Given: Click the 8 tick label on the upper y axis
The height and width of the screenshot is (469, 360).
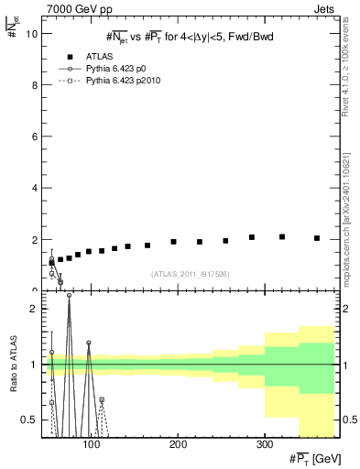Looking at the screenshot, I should (35, 84).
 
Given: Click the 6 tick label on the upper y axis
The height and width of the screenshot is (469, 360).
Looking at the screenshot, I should (35, 136).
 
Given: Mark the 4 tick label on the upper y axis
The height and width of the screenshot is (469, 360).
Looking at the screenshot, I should (35, 188).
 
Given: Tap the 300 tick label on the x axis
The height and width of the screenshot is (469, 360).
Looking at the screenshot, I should (264, 444).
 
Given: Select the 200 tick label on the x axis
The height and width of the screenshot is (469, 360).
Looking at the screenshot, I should (178, 444).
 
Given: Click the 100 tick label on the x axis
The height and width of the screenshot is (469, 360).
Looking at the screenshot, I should (91, 444).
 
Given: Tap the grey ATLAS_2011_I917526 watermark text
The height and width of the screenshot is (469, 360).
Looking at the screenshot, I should (190, 273).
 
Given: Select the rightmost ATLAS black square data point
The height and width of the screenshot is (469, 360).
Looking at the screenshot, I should (317, 238).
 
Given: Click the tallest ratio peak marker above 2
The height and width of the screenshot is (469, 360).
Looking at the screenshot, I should (69, 296).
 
